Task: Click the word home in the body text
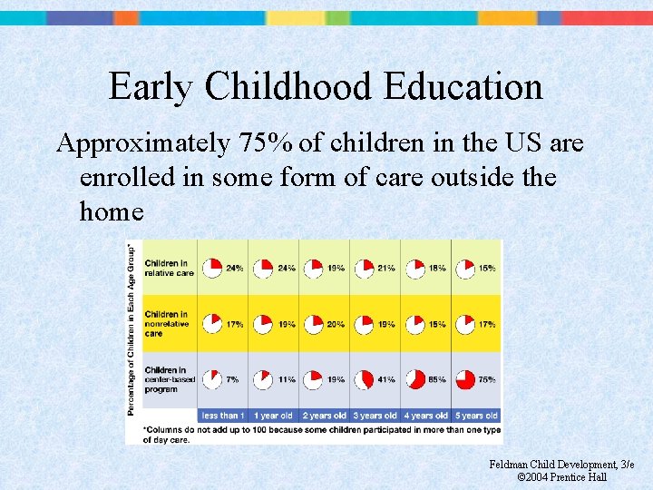pos(112,211)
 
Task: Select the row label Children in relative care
pos(170,268)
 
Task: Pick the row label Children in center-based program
pos(170,378)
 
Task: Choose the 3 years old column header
pos(375,416)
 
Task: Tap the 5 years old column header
pos(476,416)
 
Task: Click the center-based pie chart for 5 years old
pos(465,379)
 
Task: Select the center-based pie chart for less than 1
pos(211,379)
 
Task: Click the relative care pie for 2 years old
pos(313,269)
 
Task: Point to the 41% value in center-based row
pos(385,379)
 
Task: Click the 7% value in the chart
pos(234,379)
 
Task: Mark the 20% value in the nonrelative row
pos(335,324)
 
